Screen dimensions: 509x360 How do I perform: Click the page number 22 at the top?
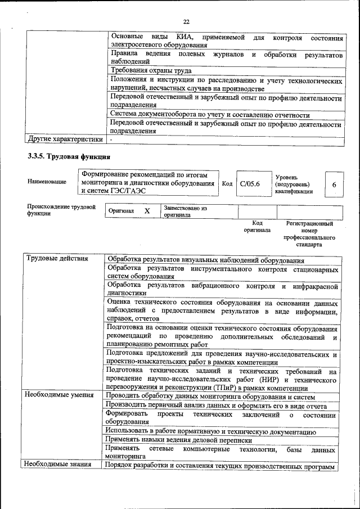pos(186,22)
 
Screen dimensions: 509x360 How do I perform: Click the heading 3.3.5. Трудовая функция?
pos(69,156)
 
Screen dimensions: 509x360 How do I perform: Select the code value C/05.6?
pos(249,184)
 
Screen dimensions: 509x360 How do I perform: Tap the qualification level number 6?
pos(334,184)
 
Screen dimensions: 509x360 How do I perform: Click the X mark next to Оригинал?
pos(147,211)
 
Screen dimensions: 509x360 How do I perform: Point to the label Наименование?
pos(46,182)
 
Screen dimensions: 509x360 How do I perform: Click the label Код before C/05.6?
pos(227,184)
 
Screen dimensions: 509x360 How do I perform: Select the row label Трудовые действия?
pos(57,259)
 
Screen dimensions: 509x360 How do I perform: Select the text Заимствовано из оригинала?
pos(186,211)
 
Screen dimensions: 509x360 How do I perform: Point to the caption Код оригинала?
pos(257,227)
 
